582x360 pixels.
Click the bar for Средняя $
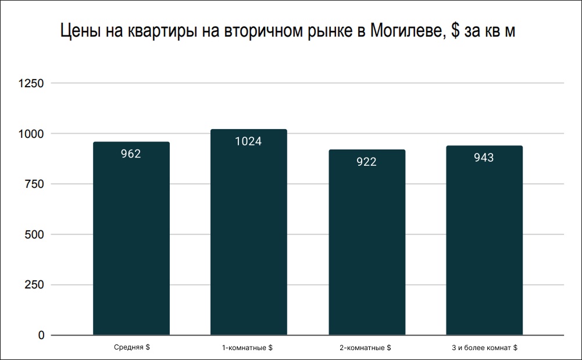point(131,238)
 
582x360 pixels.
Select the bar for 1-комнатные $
point(249,232)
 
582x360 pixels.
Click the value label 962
point(131,154)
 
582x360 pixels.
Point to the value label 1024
point(249,141)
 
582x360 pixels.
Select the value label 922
point(367,162)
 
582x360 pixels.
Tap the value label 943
point(484,158)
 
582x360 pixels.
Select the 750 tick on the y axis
point(34,184)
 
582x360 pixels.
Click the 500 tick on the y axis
point(34,235)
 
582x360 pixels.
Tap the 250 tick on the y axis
point(34,285)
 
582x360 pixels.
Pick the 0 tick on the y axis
point(41,336)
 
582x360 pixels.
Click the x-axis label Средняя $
point(131,348)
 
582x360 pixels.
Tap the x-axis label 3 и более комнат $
point(484,348)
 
